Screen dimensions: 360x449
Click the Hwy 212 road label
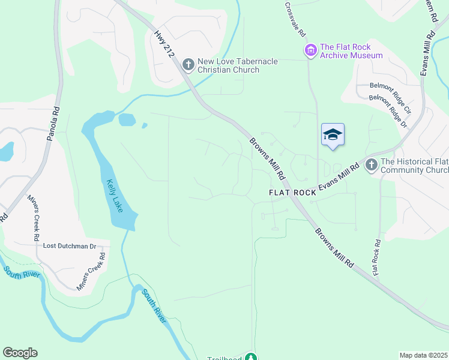point(164,44)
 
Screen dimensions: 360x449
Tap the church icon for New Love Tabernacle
point(188,64)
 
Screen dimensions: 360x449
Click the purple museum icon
point(310,50)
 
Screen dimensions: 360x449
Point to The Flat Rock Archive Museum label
point(351,51)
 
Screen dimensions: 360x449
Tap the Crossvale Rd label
point(296,20)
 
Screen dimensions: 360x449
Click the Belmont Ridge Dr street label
point(388,111)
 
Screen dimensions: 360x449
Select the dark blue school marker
point(333,134)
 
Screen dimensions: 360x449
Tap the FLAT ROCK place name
point(292,193)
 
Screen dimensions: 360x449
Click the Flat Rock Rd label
point(376,258)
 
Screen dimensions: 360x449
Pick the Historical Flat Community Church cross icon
point(371,164)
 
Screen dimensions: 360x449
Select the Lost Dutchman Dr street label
point(70,246)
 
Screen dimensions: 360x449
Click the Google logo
point(20,353)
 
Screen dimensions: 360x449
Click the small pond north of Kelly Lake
point(127,119)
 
